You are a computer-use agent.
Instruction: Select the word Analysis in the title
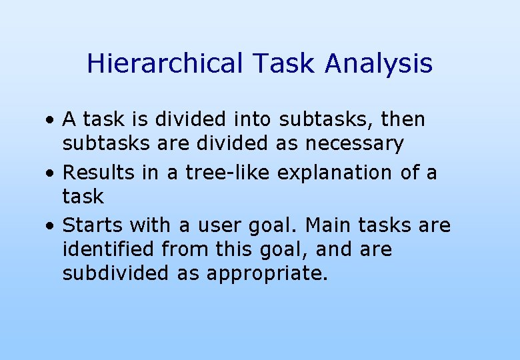379,64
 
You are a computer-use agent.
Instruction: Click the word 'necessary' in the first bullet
355,144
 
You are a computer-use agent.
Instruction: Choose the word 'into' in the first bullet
253,119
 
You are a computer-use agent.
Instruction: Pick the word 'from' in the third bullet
185,250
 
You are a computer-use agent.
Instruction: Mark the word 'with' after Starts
151,226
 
